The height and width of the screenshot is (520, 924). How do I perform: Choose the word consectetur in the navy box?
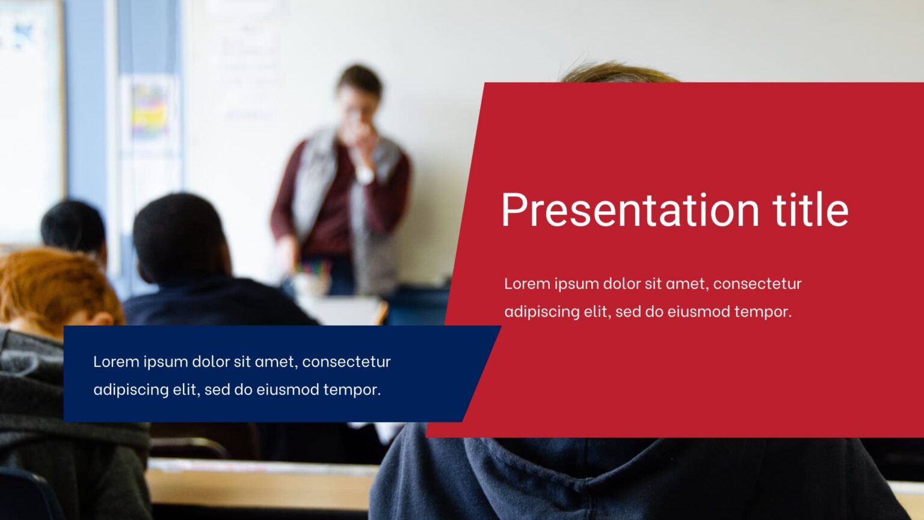[346, 362]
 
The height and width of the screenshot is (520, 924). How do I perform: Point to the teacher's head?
[359, 90]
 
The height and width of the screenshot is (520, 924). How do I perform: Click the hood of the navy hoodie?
[602, 469]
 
